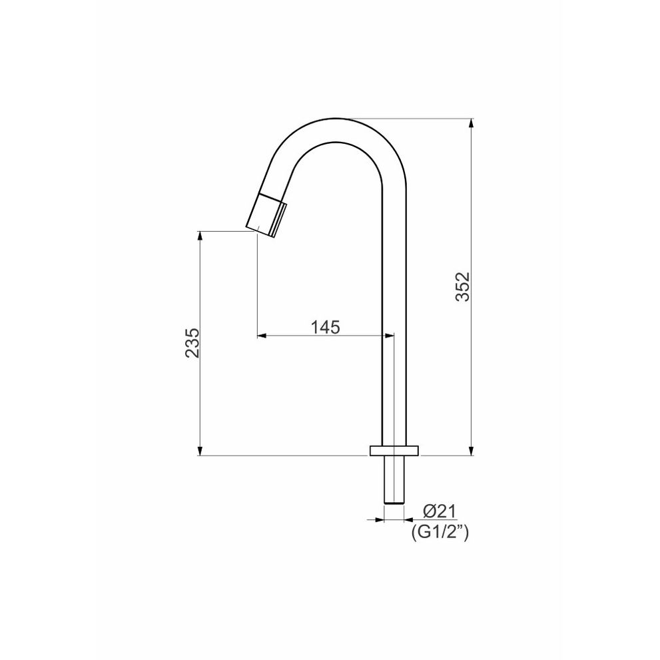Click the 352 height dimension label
463,286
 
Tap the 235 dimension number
192,342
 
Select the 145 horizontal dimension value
325,326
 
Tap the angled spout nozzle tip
266,214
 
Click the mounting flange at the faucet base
394,450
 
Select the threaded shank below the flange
394,479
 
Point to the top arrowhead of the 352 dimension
471,123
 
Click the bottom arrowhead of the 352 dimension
471,451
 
